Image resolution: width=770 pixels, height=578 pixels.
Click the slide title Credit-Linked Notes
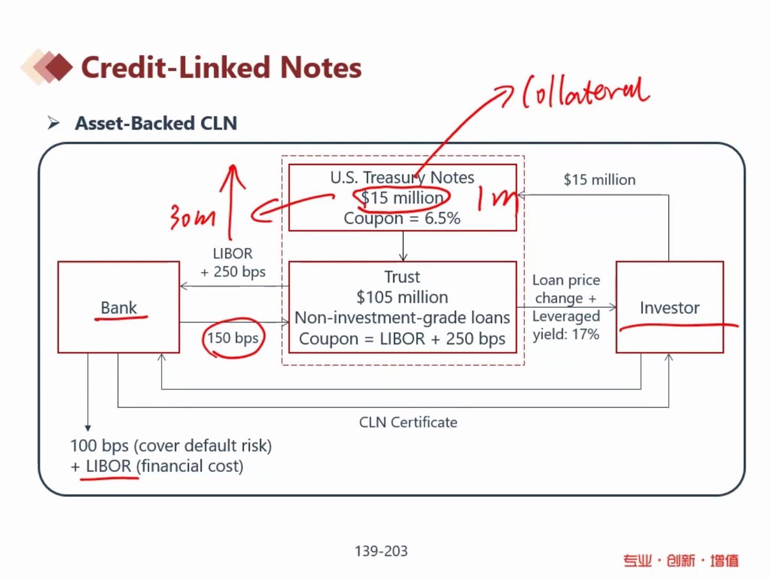click(221, 67)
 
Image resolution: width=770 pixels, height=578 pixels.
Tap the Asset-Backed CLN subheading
click(156, 123)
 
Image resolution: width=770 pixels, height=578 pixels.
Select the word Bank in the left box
click(119, 308)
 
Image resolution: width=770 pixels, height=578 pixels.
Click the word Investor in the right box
click(669, 308)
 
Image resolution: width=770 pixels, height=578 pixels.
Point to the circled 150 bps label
click(233, 338)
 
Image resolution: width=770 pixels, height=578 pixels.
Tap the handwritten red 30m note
click(192, 217)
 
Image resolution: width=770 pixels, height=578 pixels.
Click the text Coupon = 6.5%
click(402, 218)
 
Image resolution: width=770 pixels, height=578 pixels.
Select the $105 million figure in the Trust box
click(402, 297)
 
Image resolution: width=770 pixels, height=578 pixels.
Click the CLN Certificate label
click(408, 422)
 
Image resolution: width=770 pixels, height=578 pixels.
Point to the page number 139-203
click(381, 551)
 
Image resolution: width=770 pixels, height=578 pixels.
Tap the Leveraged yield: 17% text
click(566, 325)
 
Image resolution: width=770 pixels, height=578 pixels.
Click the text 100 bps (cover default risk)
click(171, 446)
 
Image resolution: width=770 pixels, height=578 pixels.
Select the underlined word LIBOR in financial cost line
click(109, 466)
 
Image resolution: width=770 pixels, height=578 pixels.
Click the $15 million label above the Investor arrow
click(599, 180)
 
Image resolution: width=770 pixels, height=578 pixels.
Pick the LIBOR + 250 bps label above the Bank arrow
click(233, 262)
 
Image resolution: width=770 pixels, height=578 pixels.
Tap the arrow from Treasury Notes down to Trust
click(403, 246)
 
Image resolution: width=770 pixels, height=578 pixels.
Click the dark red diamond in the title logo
click(59, 67)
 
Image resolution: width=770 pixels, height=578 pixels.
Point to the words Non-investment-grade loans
click(402, 318)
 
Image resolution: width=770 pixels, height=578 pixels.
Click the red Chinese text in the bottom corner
click(681, 560)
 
